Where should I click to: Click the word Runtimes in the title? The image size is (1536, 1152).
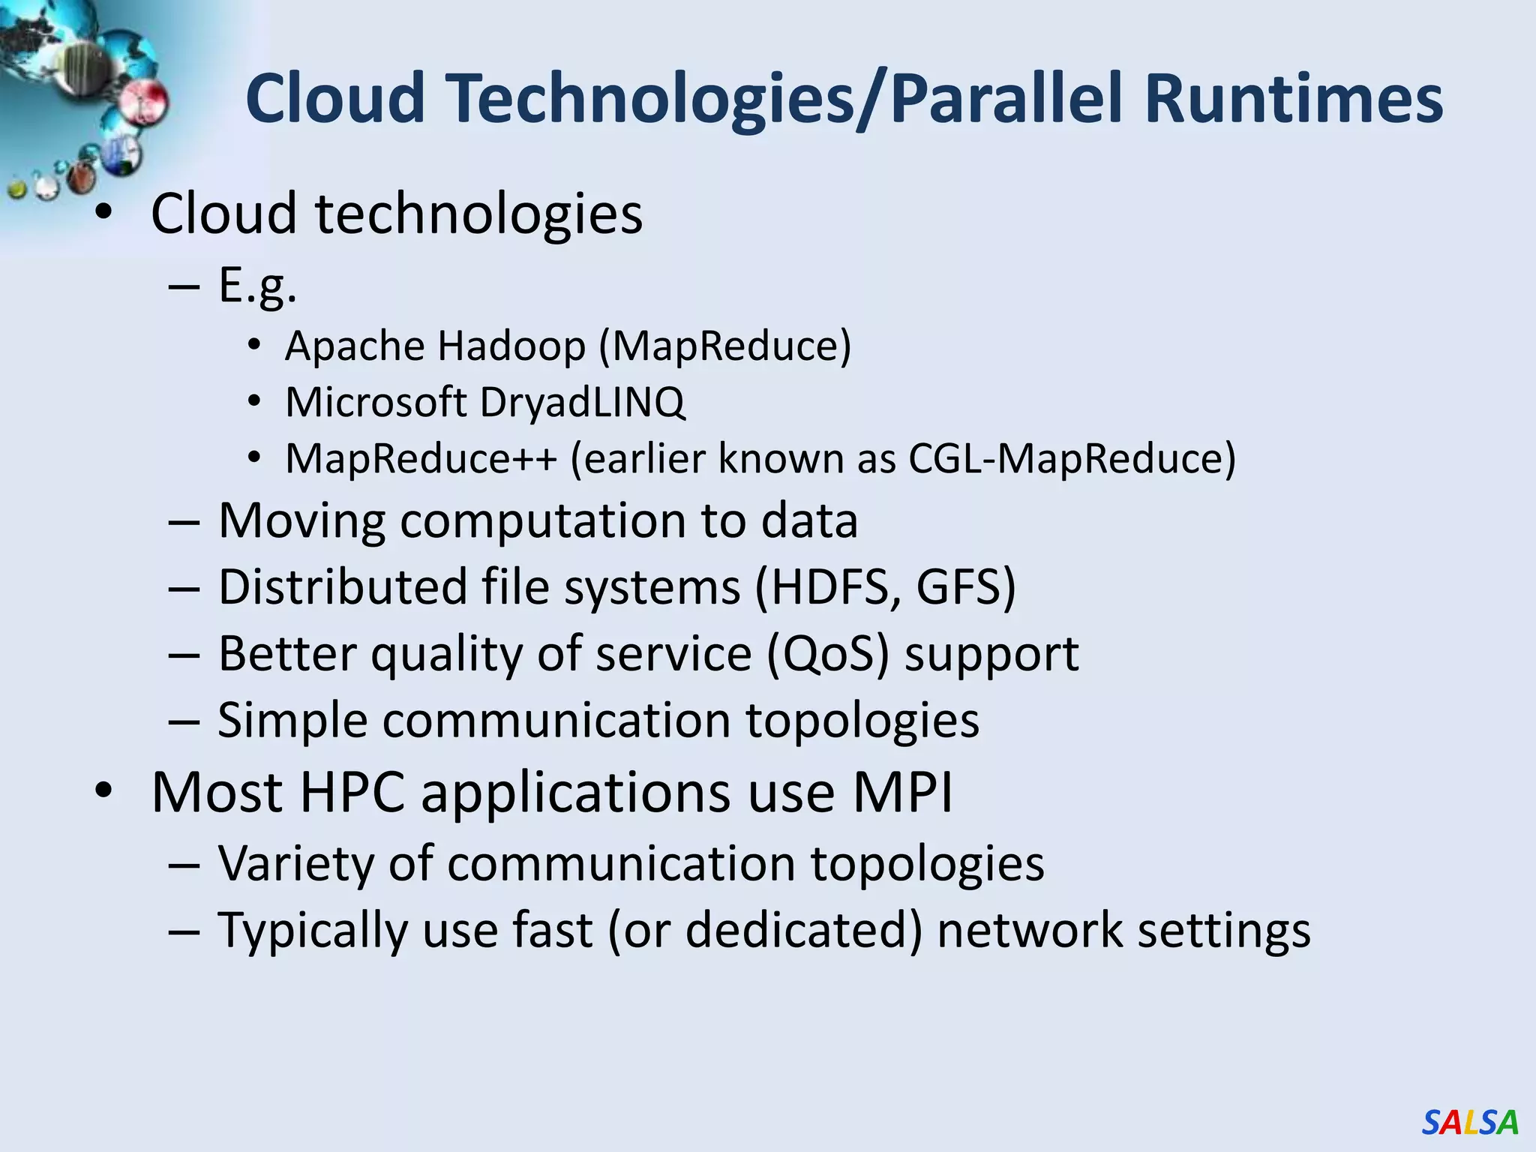point(1293,99)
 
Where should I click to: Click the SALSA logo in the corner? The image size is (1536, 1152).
point(1469,1122)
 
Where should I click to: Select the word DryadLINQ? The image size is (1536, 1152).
point(582,403)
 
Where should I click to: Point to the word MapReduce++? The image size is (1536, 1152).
point(421,458)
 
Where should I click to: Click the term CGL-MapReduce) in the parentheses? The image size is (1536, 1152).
point(1072,458)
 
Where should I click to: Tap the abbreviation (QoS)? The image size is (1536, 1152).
point(827,654)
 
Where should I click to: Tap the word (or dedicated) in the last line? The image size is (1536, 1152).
point(765,930)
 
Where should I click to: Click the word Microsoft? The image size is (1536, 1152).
point(376,403)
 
